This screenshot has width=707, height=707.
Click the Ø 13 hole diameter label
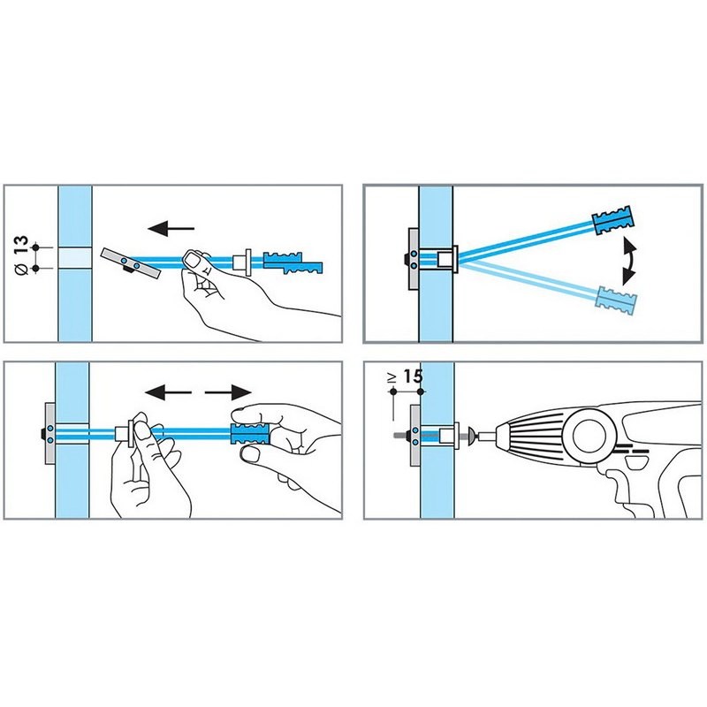[x=21, y=255]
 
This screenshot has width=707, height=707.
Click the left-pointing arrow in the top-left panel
[x=171, y=228]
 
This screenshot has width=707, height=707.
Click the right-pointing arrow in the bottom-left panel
[x=228, y=392]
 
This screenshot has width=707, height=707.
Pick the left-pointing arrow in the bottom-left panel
[x=169, y=392]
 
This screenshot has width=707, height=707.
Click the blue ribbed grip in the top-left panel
[x=293, y=262]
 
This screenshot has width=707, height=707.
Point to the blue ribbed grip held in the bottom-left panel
[x=250, y=434]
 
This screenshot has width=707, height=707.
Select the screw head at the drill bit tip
[x=471, y=436]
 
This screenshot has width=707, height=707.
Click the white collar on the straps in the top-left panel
[x=242, y=262]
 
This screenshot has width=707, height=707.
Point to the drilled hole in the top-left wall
[x=75, y=258]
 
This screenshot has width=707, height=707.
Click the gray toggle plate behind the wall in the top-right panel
[x=414, y=261]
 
